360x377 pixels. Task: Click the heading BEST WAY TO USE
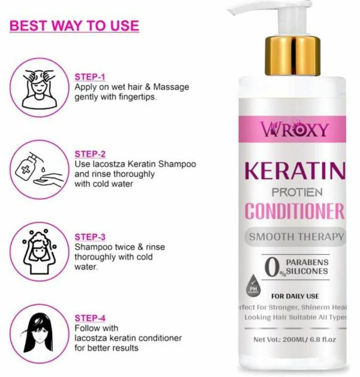pyautogui.click(x=74, y=26)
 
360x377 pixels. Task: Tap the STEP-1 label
pyautogui.click(x=90, y=77)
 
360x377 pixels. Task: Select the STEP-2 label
pyautogui.click(x=90, y=153)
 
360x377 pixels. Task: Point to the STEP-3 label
pyautogui.click(x=90, y=237)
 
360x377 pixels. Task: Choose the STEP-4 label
pyautogui.click(x=90, y=318)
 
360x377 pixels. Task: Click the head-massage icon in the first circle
pyautogui.click(x=38, y=87)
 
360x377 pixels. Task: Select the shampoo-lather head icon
pyautogui.click(x=38, y=251)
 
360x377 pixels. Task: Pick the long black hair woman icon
pyautogui.click(x=38, y=331)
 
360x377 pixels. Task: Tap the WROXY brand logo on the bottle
pyautogui.click(x=295, y=129)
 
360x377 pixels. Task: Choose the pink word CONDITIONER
pyautogui.click(x=295, y=212)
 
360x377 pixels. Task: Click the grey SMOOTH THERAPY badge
pyautogui.click(x=296, y=236)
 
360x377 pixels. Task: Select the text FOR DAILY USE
pyautogui.click(x=295, y=296)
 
